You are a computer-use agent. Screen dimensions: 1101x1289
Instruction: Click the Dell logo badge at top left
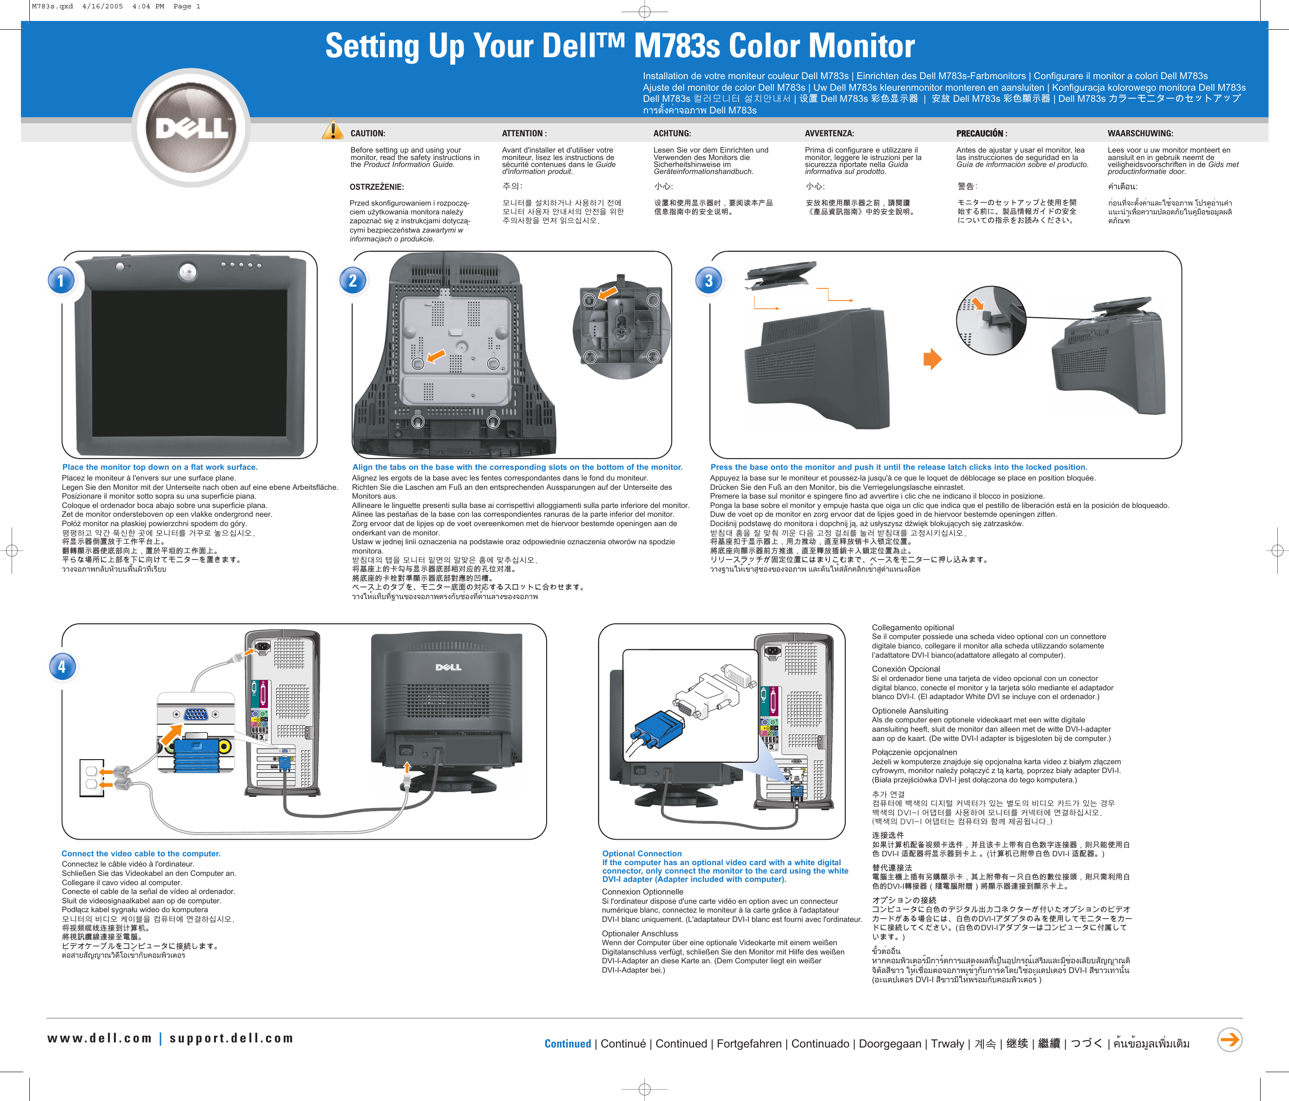(x=191, y=128)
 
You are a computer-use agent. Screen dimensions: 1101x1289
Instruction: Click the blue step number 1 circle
(x=60, y=281)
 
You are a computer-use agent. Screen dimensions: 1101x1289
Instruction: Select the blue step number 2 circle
(x=352, y=281)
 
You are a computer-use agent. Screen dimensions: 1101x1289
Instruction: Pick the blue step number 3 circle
(x=708, y=281)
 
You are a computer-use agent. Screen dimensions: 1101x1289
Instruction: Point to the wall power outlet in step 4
(x=92, y=778)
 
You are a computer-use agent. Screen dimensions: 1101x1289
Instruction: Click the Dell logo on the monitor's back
(x=448, y=667)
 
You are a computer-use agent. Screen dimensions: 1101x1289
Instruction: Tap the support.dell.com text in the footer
(x=231, y=1038)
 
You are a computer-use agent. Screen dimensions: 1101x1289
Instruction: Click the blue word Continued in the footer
(x=568, y=1044)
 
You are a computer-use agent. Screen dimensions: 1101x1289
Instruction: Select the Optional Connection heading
(x=641, y=854)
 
